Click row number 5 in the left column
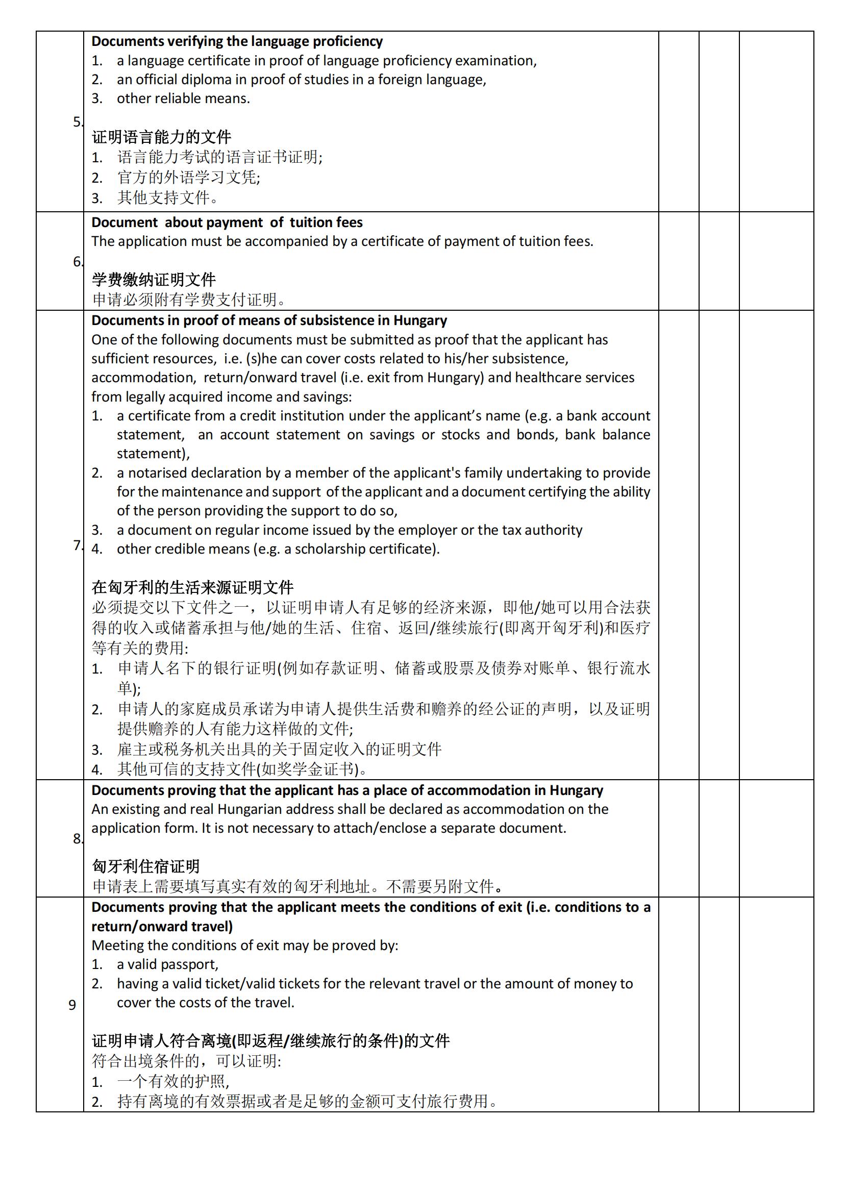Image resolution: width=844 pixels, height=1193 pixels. tap(77, 122)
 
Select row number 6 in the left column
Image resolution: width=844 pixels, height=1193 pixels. tap(77, 261)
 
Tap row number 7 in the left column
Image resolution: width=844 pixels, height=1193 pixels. tap(77, 545)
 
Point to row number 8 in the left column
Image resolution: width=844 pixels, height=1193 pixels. tap(77, 839)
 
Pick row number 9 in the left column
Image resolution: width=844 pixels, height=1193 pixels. tap(72, 1005)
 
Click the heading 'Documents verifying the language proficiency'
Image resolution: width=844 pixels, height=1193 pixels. tap(237, 41)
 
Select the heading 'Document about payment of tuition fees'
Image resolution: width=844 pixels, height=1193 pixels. tap(227, 222)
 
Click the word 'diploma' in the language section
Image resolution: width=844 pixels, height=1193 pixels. tap(192, 80)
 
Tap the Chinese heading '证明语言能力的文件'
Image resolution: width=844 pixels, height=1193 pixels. tap(162, 137)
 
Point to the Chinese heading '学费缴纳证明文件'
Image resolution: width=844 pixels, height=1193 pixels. tap(154, 280)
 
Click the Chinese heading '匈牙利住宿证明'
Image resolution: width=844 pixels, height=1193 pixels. tap(146, 866)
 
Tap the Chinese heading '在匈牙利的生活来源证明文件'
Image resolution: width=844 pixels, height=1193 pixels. tap(193, 588)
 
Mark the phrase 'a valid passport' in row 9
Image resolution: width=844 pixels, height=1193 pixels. tap(167, 964)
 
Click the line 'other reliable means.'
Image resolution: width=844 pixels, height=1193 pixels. tap(183, 98)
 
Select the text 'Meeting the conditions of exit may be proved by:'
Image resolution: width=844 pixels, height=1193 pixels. tap(245, 945)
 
